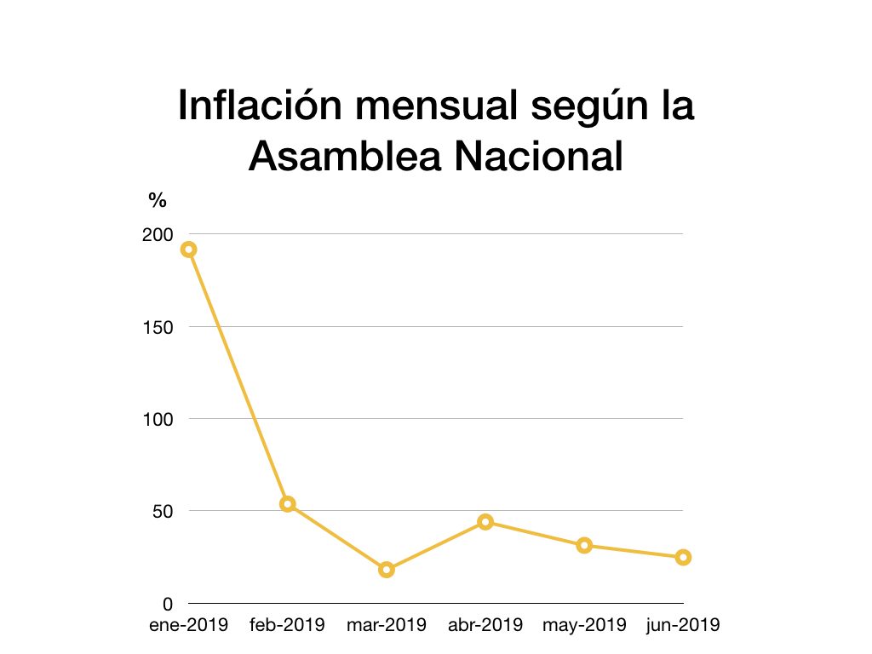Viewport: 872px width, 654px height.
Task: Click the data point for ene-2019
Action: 188,250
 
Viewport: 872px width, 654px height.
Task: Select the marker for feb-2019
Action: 287,504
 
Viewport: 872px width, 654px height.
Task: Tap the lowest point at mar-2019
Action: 387,570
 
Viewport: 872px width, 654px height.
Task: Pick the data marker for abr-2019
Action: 485,522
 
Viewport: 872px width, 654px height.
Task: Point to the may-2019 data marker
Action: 584,546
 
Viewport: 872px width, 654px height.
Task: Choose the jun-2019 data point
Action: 683,558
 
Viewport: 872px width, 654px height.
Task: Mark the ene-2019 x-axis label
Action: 188,626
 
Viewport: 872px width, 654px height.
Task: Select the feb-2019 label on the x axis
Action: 287,626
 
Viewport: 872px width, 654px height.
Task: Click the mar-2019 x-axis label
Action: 387,626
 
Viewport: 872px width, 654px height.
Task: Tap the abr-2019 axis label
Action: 485,626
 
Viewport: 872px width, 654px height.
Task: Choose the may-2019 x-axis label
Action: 584,626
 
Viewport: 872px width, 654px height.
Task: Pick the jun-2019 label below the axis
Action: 683,626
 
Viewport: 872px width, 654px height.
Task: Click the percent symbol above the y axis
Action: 158,201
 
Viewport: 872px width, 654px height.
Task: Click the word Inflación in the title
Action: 255,106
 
